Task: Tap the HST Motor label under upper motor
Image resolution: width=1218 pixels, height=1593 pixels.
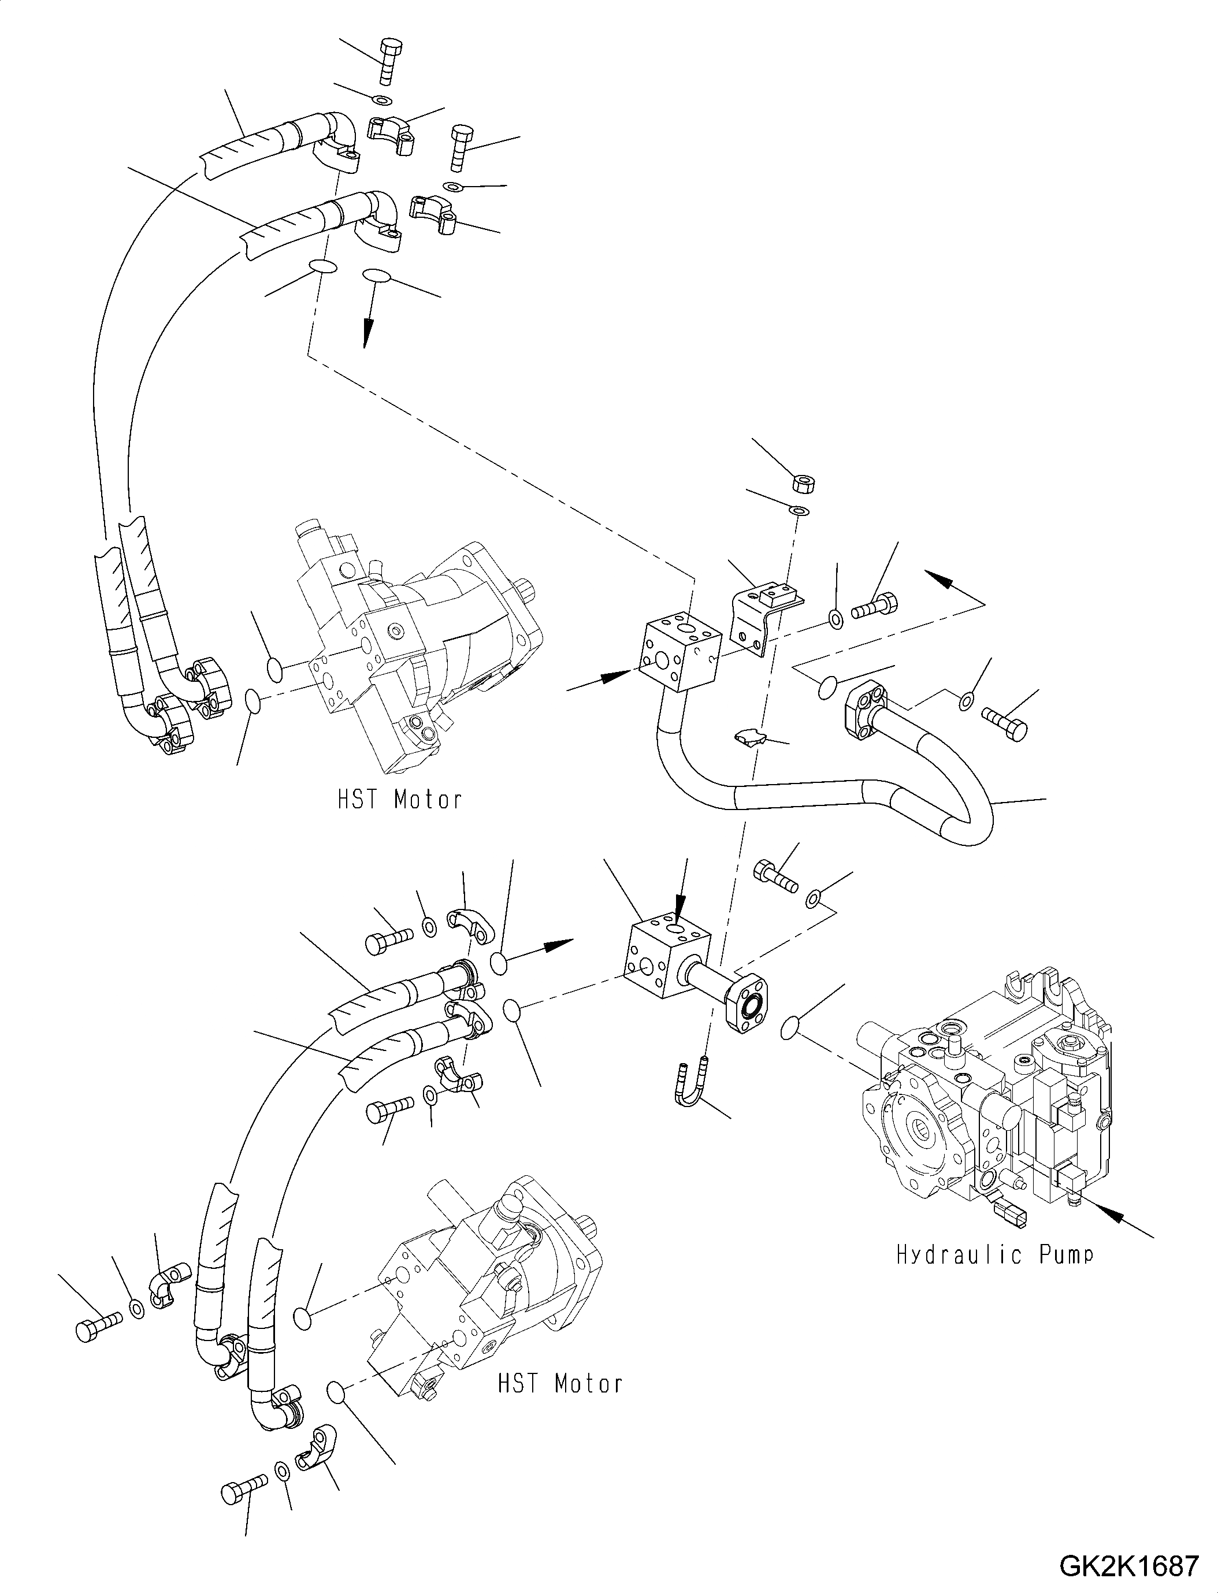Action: (399, 799)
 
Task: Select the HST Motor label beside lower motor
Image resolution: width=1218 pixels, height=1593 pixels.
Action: (560, 1383)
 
